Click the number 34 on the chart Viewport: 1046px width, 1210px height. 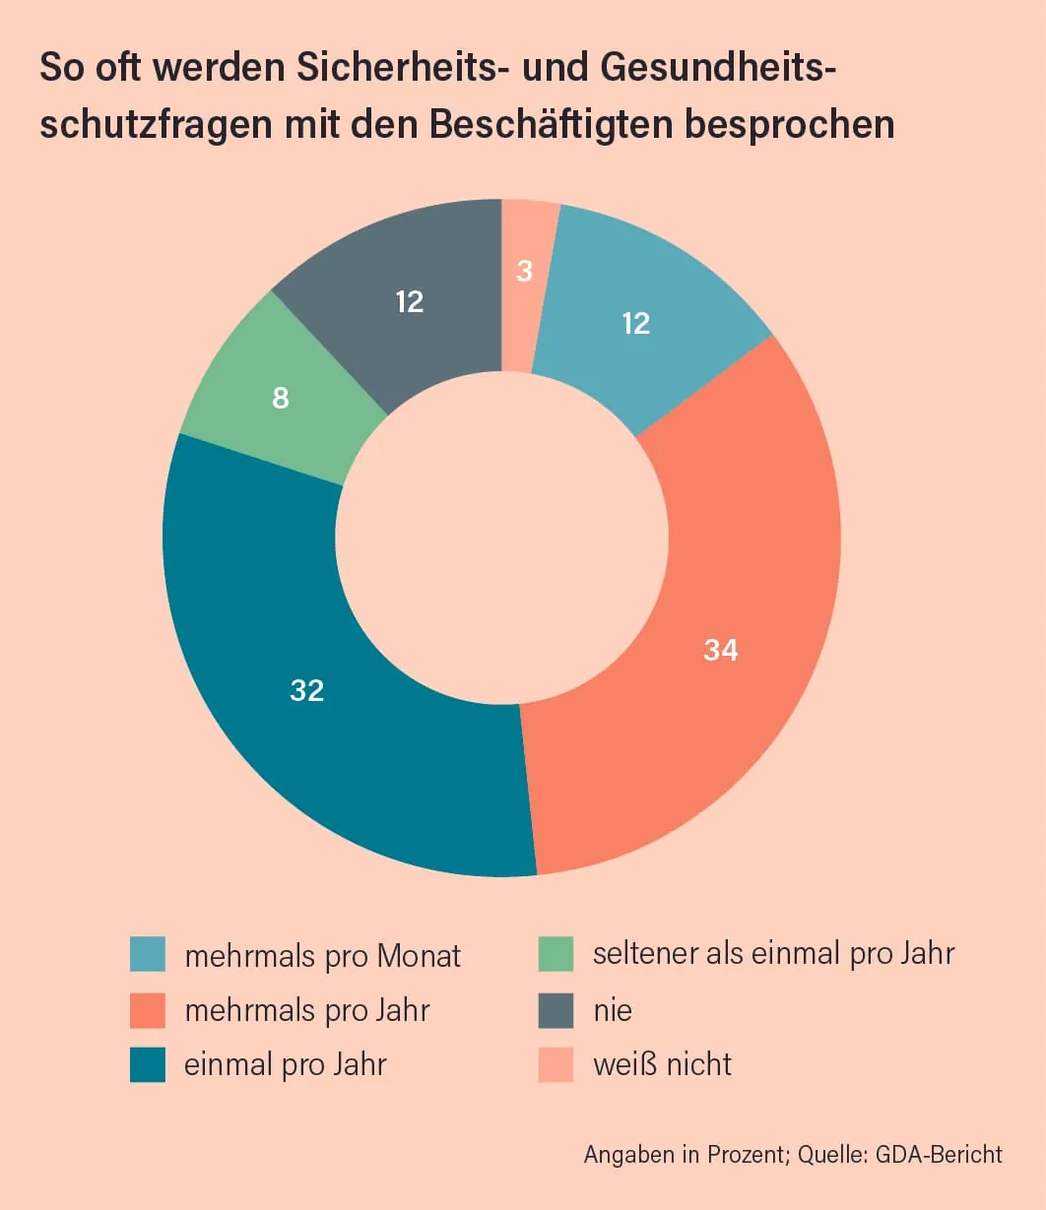[721, 650]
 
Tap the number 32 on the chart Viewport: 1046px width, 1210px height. [307, 690]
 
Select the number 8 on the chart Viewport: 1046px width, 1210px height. [281, 399]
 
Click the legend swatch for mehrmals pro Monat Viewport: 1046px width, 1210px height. [148, 955]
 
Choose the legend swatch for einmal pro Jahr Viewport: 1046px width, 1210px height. [148, 1065]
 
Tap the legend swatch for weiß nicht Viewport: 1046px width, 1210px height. [556, 1065]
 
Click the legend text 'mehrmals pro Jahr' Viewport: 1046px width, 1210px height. [307, 1010]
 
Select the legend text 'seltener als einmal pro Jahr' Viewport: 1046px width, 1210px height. [773, 953]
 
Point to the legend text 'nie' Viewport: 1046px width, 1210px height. [612, 1010]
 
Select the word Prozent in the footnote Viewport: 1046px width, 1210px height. [747, 1154]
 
